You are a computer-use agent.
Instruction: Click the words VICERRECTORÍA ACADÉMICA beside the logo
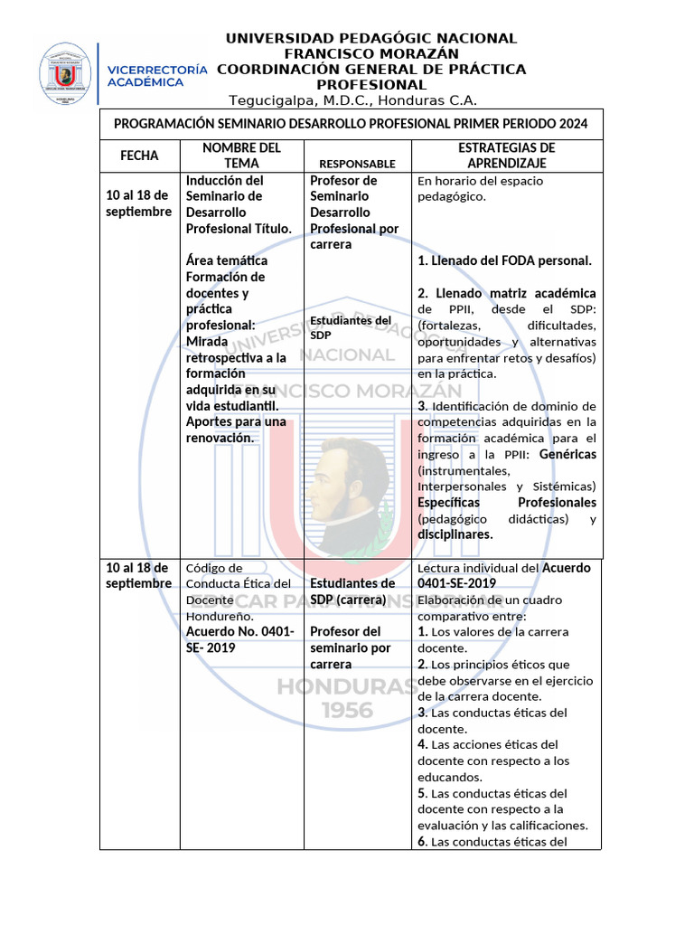pyautogui.click(x=157, y=75)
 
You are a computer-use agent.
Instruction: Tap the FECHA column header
pyautogui.click(x=139, y=156)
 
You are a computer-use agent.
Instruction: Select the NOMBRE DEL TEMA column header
pyautogui.click(x=241, y=156)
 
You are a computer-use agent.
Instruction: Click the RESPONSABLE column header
pyautogui.click(x=357, y=164)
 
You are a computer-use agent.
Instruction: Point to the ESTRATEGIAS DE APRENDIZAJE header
pyautogui.click(x=506, y=156)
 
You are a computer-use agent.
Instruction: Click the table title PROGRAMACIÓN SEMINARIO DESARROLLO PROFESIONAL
pyautogui.click(x=351, y=124)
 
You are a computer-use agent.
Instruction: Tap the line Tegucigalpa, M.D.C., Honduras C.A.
pyautogui.click(x=352, y=100)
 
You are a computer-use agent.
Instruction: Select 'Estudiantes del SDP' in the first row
pyautogui.click(x=350, y=327)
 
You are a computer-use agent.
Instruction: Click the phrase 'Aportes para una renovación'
pyautogui.click(x=236, y=430)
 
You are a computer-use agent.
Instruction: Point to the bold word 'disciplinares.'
pyautogui.click(x=455, y=534)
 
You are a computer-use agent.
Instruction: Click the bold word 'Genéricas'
pyautogui.click(x=567, y=454)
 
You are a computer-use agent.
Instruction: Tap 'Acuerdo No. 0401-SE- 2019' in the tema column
pyautogui.click(x=239, y=639)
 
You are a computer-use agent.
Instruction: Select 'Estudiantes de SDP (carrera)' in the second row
pyautogui.click(x=352, y=591)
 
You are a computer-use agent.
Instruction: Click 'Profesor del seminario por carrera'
pyautogui.click(x=351, y=647)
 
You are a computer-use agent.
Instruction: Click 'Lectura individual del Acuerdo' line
pyautogui.click(x=503, y=568)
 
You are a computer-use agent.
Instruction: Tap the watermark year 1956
pyautogui.click(x=347, y=711)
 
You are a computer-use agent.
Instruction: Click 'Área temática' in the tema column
pyautogui.click(x=227, y=260)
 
